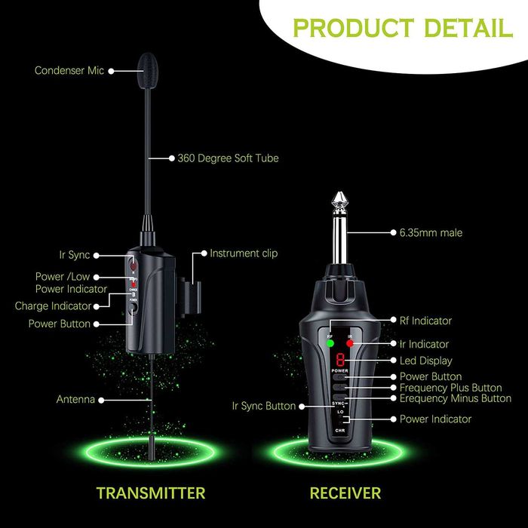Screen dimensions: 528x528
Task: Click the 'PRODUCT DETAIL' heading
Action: click(402, 28)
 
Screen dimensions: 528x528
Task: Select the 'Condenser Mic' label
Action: click(69, 71)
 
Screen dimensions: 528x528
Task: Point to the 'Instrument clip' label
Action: click(244, 253)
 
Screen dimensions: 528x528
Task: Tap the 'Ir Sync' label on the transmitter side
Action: click(74, 256)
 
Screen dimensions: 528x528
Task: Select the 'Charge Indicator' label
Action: click(53, 306)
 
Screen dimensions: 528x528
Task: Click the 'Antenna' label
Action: click(75, 399)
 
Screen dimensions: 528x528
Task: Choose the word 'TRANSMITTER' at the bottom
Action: click(151, 493)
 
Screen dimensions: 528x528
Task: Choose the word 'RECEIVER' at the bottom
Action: click(345, 493)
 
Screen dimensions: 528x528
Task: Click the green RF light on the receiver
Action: click(330, 344)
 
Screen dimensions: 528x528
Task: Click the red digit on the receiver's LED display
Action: click(340, 361)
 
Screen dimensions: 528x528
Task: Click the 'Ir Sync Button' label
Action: click(264, 406)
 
